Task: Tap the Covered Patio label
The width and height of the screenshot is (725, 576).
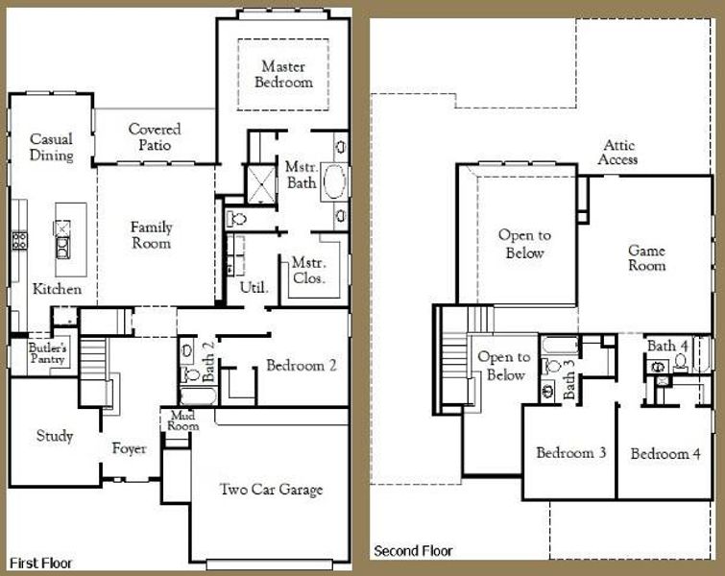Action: (155, 136)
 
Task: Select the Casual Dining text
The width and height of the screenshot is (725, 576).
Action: (51, 147)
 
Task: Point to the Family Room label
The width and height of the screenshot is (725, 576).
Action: (152, 235)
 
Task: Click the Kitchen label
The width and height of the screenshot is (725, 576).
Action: (57, 289)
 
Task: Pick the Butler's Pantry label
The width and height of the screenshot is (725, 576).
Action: (46, 353)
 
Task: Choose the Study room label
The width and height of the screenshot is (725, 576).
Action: (55, 436)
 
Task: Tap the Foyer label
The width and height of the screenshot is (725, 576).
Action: (129, 448)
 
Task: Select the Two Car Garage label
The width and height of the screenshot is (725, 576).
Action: (270, 490)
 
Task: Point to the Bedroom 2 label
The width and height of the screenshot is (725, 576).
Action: (301, 366)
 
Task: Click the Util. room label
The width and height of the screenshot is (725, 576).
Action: (253, 287)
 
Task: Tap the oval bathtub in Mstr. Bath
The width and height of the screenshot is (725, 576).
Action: (333, 182)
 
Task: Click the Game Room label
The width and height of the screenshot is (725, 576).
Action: (646, 258)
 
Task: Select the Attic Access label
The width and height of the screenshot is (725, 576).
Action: (616, 153)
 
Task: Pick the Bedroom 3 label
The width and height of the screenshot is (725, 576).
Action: (570, 453)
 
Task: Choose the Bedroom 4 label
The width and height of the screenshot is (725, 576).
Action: (665, 453)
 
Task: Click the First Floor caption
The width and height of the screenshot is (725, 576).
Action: (40, 563)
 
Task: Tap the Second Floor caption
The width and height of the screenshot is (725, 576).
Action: (413, 551)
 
